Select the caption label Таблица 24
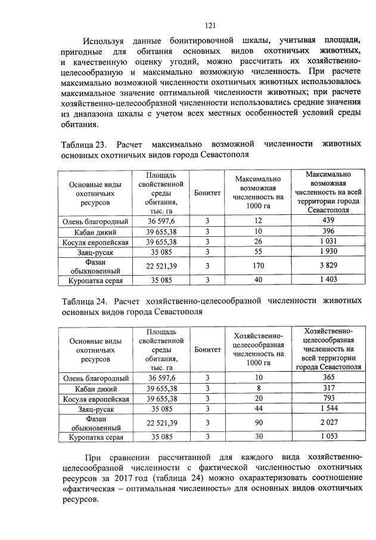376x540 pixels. (x=83, y=301)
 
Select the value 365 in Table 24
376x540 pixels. (x=329, y=378)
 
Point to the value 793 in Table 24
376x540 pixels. (x=329, y=399)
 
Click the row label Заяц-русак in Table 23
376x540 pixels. (x=95, y=252)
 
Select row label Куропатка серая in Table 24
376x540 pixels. (x=95, y=437)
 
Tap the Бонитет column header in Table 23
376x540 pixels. (x=207, y=193)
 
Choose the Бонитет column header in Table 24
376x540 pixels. (x=207, y=350)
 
